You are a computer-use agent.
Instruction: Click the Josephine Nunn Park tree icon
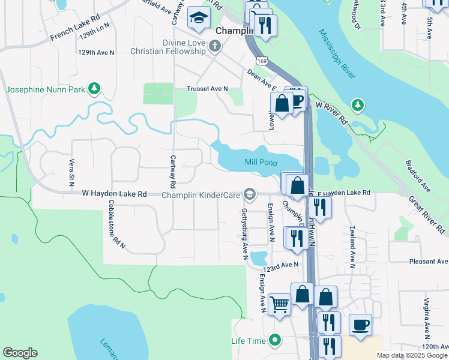[93, 89]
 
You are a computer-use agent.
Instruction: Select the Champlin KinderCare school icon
[249, 194]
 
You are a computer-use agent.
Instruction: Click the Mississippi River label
[337, 54]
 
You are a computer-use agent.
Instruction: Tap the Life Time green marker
[275, 340]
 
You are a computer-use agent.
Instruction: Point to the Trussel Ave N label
[208, 88]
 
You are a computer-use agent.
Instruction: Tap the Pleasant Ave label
[429, 262]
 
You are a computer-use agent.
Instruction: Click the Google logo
[20, 353]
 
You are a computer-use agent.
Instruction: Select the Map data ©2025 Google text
[412, 355]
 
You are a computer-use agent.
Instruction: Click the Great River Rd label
[427, 215]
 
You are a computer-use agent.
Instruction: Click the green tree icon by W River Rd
[358, 106]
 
